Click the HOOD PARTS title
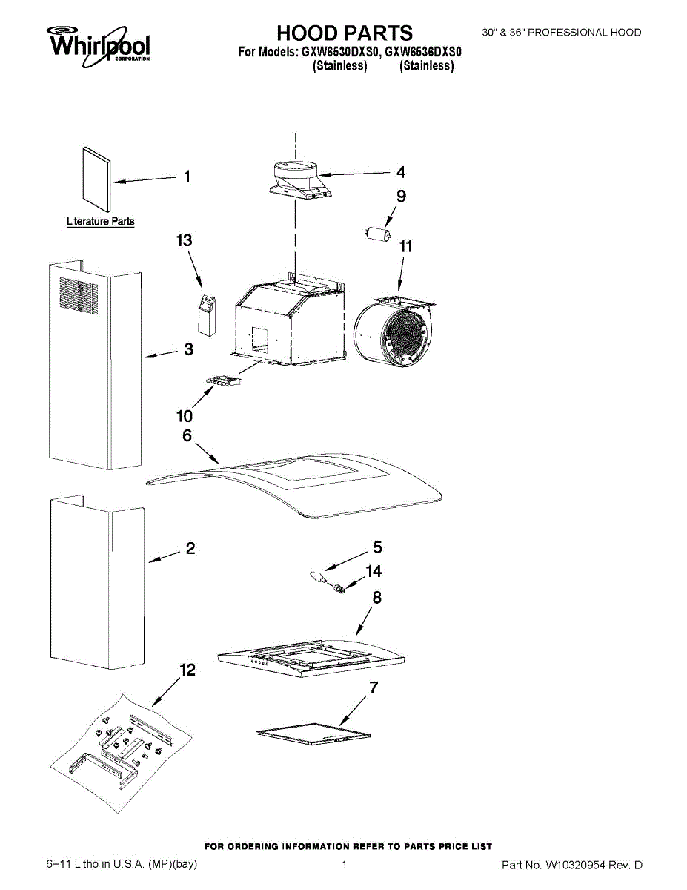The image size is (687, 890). click(345, 33)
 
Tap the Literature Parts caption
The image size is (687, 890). click(100, 221)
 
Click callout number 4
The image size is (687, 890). click(401, 172)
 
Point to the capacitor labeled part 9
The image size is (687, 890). click(379, 234)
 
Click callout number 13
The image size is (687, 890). click(184, 240)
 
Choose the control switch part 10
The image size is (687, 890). click(224, 383)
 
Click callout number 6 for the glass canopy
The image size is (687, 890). click(187, 436)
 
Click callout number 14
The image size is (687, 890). click(374, 572)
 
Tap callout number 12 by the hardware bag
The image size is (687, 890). click(188, 670)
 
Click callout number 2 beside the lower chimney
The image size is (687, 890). click(190, 549)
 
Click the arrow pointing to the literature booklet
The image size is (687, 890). click(145, 179)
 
